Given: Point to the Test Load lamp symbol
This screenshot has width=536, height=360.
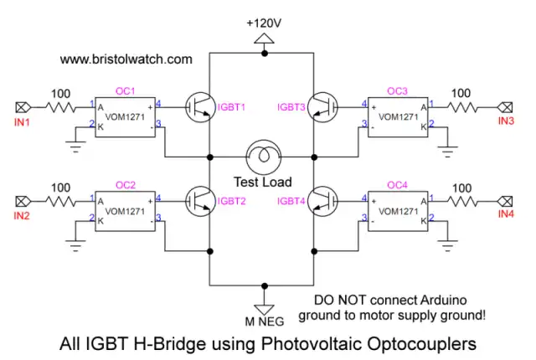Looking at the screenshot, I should click(259, 156).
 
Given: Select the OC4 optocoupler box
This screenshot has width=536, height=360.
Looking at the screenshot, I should click(400, 209).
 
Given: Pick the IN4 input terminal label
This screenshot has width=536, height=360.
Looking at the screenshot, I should click(505, 215).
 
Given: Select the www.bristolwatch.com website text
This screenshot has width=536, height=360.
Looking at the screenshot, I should click(126, 60).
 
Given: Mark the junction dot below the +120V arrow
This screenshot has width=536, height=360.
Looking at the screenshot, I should click(265, 53).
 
